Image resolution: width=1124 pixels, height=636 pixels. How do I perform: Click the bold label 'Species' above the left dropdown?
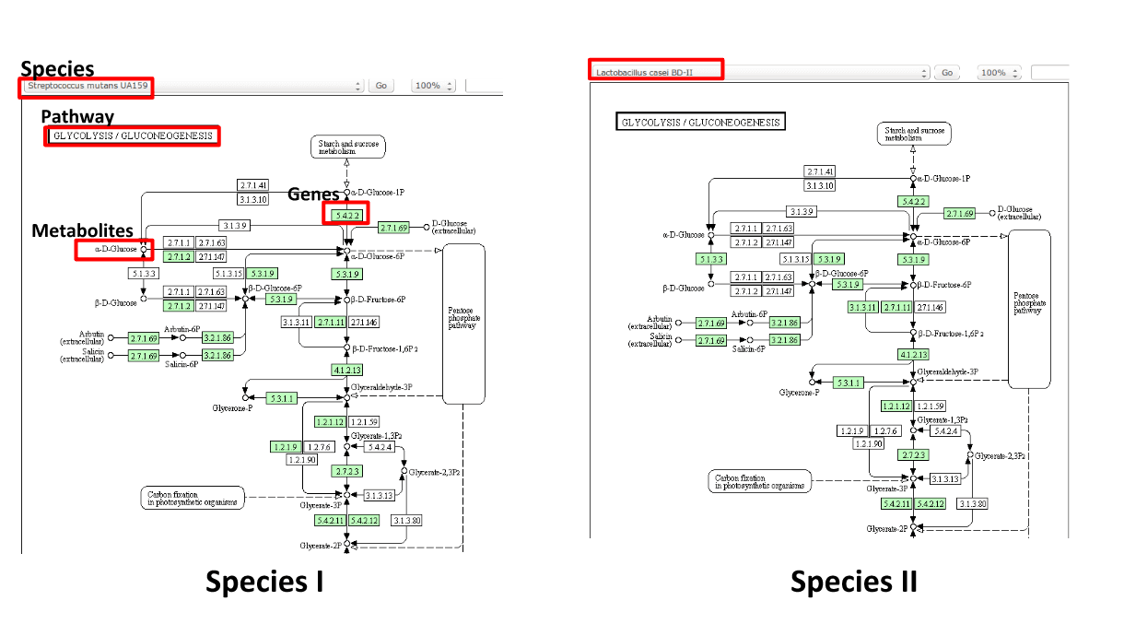[x=57, y=69]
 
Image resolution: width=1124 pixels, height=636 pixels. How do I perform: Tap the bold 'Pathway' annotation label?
[x=77, y=117]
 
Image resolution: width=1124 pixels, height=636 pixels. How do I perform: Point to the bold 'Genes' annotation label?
[x=313, y=194]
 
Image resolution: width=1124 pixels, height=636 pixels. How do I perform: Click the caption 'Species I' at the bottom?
[x=263, y=582]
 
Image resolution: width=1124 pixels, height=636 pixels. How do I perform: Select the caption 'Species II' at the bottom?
[x=853, y=582]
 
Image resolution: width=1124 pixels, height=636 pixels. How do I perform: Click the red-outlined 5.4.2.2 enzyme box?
[x=345, y=214]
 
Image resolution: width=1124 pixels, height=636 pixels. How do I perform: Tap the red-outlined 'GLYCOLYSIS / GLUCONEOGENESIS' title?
[x=134, y=136]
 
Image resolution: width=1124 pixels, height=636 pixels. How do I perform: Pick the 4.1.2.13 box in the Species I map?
[x=345, y=370]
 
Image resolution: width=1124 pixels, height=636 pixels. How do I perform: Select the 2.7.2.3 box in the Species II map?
[x=913, y=455]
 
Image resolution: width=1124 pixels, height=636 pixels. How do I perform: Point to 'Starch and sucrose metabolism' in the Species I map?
[x=347, y=147]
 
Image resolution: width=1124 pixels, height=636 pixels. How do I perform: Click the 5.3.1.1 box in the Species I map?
[x=282, y=398]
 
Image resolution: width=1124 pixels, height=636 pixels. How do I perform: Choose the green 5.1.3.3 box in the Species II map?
[x=711, y=259]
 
